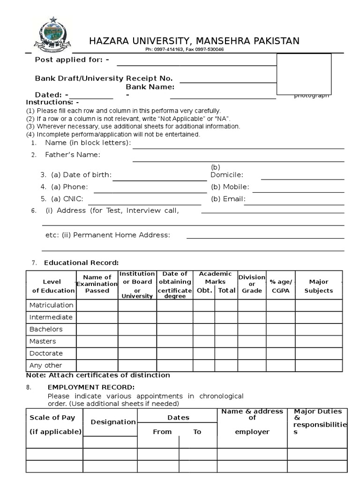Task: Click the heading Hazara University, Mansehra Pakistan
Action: [194, 41]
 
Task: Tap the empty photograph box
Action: [304, 74]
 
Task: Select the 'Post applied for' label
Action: [72, 60]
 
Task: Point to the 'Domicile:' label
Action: [227, 175]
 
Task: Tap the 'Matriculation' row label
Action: [52, 305]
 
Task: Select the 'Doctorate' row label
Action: [46, 353]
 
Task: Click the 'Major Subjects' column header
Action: [319, 286]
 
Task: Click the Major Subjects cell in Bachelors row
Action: [319, 329]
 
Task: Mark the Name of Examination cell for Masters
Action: [97, 341]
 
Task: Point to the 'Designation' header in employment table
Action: [113, 422]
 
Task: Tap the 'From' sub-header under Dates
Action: [162, 432]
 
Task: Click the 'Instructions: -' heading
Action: [52, 102]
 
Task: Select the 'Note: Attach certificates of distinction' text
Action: [98, 375]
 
